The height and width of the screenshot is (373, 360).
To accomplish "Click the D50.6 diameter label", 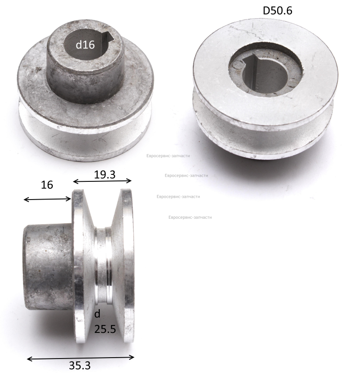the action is tap(277, 10).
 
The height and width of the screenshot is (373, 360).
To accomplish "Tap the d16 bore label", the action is tap(85, 44).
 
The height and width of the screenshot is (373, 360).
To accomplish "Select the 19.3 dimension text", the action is tap(105, 174).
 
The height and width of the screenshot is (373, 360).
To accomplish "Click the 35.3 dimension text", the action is tap(80, 366).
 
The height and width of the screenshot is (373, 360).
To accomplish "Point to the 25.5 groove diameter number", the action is tap(105, 329).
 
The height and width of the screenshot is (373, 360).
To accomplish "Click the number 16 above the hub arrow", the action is tap(47, 185).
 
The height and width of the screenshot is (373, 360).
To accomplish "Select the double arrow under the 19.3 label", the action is tap(102, 181).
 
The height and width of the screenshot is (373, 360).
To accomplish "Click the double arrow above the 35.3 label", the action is tap(81, 358).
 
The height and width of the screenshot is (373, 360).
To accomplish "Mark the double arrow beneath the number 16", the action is tap(48, 200).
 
